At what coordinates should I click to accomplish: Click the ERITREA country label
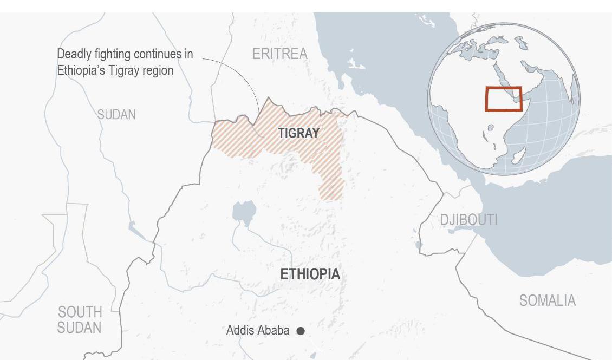[279, 54]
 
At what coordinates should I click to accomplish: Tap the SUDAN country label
[116, 115]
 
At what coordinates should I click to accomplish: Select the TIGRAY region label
[298, 133]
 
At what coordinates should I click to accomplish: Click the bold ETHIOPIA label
[310, 274]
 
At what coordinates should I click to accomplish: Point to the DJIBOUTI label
[468, 219]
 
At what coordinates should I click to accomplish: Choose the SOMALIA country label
[547, 300]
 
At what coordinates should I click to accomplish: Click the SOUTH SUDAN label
[80, 320]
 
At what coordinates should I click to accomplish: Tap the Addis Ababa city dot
[301, 330]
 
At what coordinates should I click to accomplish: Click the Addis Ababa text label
[258, 330]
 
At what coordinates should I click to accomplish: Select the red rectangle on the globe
[504, 99]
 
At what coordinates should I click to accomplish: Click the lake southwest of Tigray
[244, 212]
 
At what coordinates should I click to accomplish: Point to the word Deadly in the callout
[75, 55]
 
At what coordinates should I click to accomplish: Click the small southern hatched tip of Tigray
[331, 189]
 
